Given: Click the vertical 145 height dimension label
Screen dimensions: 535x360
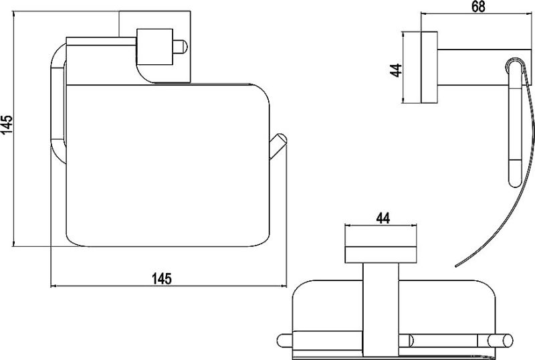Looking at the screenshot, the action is [7, 120].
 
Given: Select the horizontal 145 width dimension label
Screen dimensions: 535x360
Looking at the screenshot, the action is [162, 279].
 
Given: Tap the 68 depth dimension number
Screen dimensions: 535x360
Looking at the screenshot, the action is [478, 7].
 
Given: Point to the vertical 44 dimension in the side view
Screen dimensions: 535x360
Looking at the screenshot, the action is [396, 70].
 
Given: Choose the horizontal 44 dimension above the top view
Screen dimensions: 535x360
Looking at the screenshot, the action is [383, 218].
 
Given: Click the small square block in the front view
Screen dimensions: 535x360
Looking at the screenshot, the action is [154, 47].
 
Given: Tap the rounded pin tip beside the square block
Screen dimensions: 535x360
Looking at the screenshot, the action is [181, 47].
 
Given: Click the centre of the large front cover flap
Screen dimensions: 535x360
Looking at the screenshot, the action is [168, 165].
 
